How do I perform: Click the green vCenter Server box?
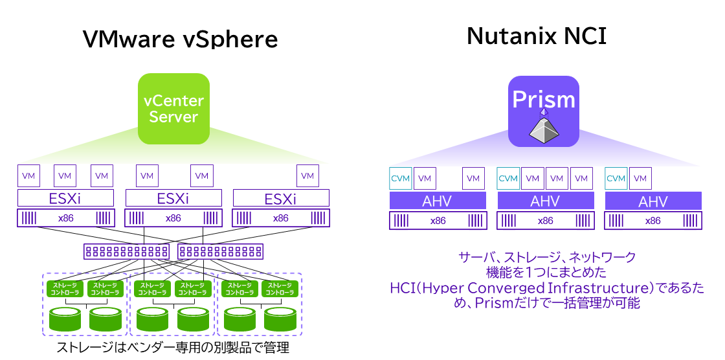pyautogui.click(x=173, y=109)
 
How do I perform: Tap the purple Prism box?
pyautogui.click(x=543, y=111)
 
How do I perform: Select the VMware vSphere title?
pyautogui.click(x=180, y=39)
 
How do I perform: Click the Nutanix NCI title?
pyautogui.click(x=537, y=36)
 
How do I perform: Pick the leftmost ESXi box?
pyautogui.click(x=65, y=198)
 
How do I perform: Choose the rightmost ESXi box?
pyautogui.click(x=281, y=198)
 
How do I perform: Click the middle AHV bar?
pyautogui.click(x=545, y=201)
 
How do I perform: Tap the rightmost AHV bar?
pyautogui.click(x=652, y=201)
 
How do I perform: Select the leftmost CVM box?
pyautogui.click(x=401, y=178)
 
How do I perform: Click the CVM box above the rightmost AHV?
pyautogui.click(x=616, y=178)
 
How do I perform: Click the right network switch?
pyautogui.click(x=221, y=251)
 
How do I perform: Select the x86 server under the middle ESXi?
pyautogui.click(x=173, y=218)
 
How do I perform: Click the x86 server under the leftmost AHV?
pyautogui.click(x=438, y=221)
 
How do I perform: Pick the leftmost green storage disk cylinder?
pyautogui.click(x=65, y=319)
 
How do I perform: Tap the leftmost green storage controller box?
pyautogui.click(x=65, y=289)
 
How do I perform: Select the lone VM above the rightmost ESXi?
pyautogui.click(x=307, y=175)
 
